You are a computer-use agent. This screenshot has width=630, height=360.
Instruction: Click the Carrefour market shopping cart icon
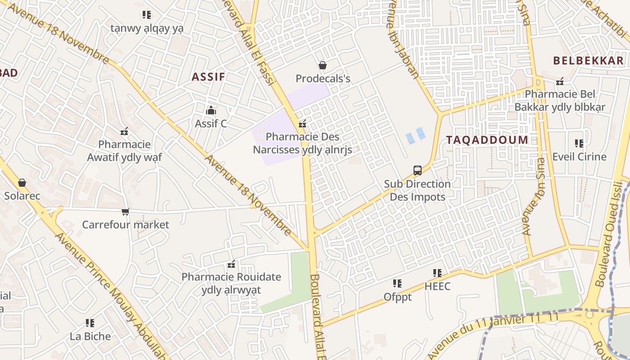(x=125, y=211)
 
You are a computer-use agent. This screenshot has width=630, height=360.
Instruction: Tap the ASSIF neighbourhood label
(x=208, y=77)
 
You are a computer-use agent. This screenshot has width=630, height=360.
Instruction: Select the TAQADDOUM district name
(x=487, y=140)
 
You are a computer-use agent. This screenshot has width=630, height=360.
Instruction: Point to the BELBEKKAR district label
(x=588, y=61)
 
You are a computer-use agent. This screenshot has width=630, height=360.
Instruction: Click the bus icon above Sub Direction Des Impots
(x=417, y=171)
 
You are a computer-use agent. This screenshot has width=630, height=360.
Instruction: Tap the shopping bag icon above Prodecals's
(x=322, y=66)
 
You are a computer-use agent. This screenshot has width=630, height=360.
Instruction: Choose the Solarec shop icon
(x=22, y=183)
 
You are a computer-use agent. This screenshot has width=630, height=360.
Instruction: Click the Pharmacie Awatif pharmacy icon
(x=124, y=131)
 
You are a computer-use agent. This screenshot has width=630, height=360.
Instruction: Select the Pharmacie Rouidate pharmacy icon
(x=231, y=264)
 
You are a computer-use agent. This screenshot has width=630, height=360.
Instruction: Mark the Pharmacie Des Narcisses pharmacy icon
(x=302, y=124)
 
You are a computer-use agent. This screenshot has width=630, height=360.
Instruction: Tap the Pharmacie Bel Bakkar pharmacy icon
(x=560, y=81)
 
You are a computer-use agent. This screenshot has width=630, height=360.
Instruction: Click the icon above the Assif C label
(x=211, y=110)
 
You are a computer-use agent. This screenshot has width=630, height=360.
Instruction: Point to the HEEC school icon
(x=437, y=273)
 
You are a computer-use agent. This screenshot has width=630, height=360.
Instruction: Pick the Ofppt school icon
(x=397, y=283)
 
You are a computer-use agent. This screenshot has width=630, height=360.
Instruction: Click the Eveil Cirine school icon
(x=579, y=144)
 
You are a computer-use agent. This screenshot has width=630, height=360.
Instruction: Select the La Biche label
(x=90, y=336)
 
